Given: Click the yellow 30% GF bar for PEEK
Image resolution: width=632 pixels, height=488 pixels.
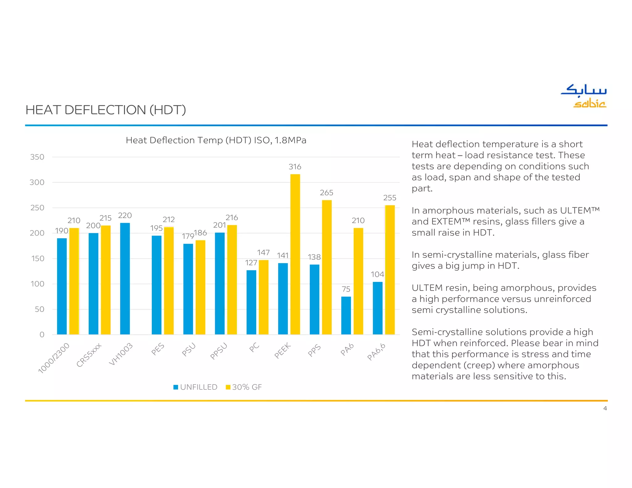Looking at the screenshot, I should click(295, 254).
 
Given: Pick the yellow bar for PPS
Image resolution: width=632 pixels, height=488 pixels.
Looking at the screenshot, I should click(327, 267).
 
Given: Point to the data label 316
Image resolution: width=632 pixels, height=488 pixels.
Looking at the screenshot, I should click(295, 167).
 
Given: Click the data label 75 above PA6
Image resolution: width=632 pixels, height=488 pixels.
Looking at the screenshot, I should click(346, 289).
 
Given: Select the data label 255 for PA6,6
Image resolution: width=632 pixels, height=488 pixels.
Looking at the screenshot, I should click(390, 198).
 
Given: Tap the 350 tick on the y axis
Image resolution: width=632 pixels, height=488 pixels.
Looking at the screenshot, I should click(37, 157).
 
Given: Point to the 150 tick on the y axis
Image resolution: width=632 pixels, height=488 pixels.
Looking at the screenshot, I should click(37, 258).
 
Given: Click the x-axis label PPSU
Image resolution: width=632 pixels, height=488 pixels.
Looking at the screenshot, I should click(218, 351).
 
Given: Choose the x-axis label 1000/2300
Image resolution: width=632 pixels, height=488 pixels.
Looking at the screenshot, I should click(54, 358).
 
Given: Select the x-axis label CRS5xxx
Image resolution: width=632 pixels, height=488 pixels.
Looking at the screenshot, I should click(89, 355).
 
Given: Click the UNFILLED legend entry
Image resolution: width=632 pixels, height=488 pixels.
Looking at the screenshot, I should click(196, 387).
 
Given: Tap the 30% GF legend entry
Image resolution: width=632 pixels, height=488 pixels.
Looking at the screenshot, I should click(244, 387).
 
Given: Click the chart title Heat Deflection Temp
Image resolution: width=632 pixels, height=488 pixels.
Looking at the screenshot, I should click(216, 140).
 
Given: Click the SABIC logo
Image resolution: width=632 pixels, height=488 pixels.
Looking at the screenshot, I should click(584, 96).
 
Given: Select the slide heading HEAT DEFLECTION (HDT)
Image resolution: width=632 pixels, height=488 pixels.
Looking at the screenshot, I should click(106, 110).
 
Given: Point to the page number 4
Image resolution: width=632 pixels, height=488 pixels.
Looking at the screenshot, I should click(605, 408).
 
